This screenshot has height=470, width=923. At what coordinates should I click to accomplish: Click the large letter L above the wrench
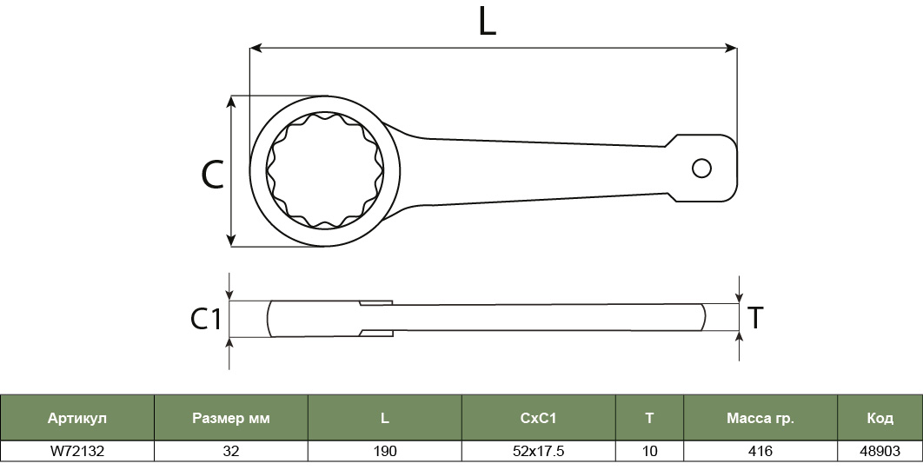487,23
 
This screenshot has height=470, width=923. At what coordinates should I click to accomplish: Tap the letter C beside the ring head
213,175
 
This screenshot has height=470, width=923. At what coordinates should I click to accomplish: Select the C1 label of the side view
205,319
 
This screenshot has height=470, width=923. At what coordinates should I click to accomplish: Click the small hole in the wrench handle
701,169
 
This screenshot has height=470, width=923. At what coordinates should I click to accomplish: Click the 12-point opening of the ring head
324,170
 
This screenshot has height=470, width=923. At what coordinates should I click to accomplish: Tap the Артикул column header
77,418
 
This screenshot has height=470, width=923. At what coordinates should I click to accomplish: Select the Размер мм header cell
231,418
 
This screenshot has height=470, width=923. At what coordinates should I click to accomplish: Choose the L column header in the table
384,418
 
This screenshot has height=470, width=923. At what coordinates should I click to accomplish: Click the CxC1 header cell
539,418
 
